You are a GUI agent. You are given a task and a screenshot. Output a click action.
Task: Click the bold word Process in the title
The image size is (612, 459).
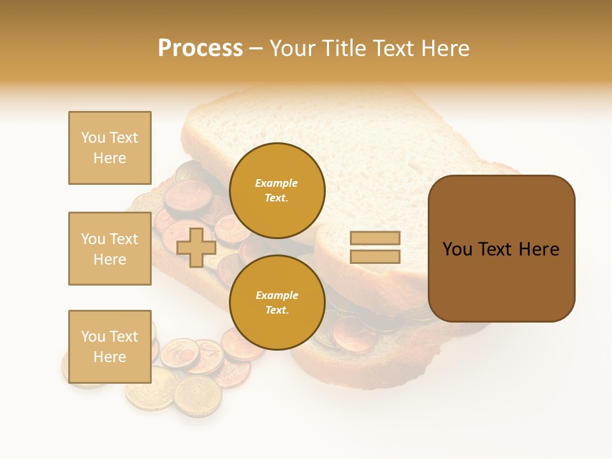(x=200, y=48)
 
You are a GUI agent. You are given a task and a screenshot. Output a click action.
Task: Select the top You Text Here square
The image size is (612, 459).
(x=110, y=148)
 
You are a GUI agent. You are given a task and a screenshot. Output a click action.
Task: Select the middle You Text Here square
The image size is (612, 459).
(x=110, y=249)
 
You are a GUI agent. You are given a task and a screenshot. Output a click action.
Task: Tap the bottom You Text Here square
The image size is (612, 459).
(x=110, y=347)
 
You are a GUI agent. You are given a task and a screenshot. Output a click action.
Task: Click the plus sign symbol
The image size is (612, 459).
(x=196, y=247)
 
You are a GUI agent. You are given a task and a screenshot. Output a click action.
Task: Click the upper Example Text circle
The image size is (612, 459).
(x=277, y=191)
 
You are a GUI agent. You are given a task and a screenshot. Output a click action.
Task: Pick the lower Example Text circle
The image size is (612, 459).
(x=277, y=303)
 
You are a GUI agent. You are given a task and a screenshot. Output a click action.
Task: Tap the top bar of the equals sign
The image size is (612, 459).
(x=375, y=238)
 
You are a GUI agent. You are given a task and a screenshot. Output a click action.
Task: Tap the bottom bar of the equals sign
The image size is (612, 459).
(x=375, y=257)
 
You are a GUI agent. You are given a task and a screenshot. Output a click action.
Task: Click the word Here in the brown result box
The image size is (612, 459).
(x=539, y=249)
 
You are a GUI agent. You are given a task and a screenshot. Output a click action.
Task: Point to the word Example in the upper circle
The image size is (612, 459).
(x=277, y=184)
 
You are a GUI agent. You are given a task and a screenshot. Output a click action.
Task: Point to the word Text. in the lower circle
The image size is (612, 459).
(x=277, y=310)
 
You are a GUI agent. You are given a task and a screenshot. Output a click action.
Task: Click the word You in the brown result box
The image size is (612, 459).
(x=458, y=249)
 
